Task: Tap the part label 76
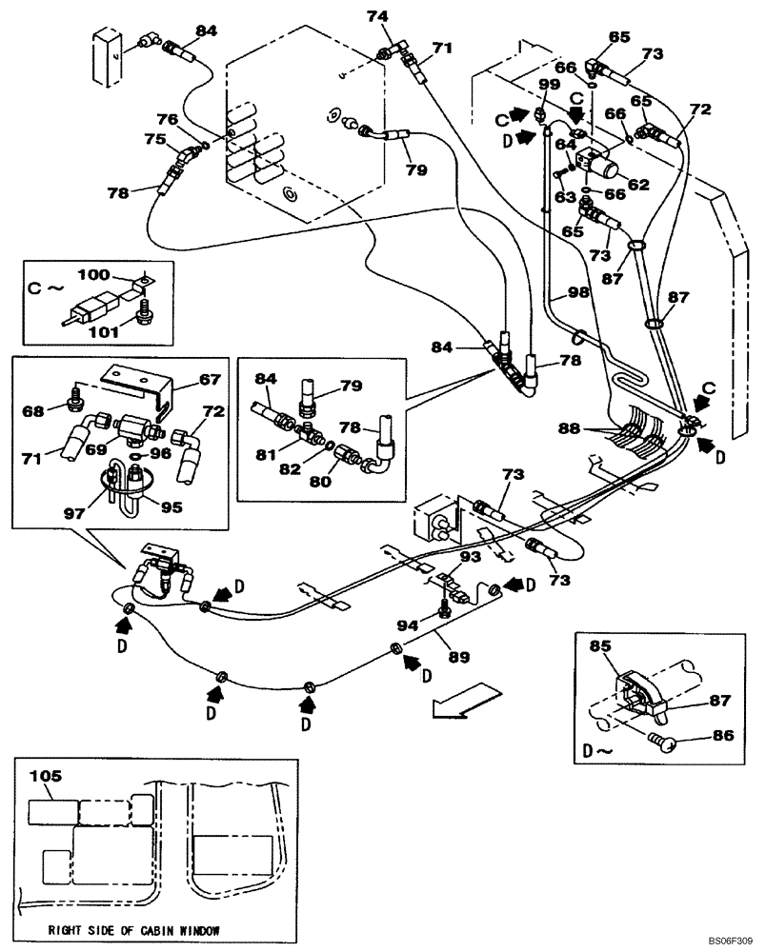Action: pos(167,119)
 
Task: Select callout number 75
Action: pos(154,138)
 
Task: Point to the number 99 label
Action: pos(548,85)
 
